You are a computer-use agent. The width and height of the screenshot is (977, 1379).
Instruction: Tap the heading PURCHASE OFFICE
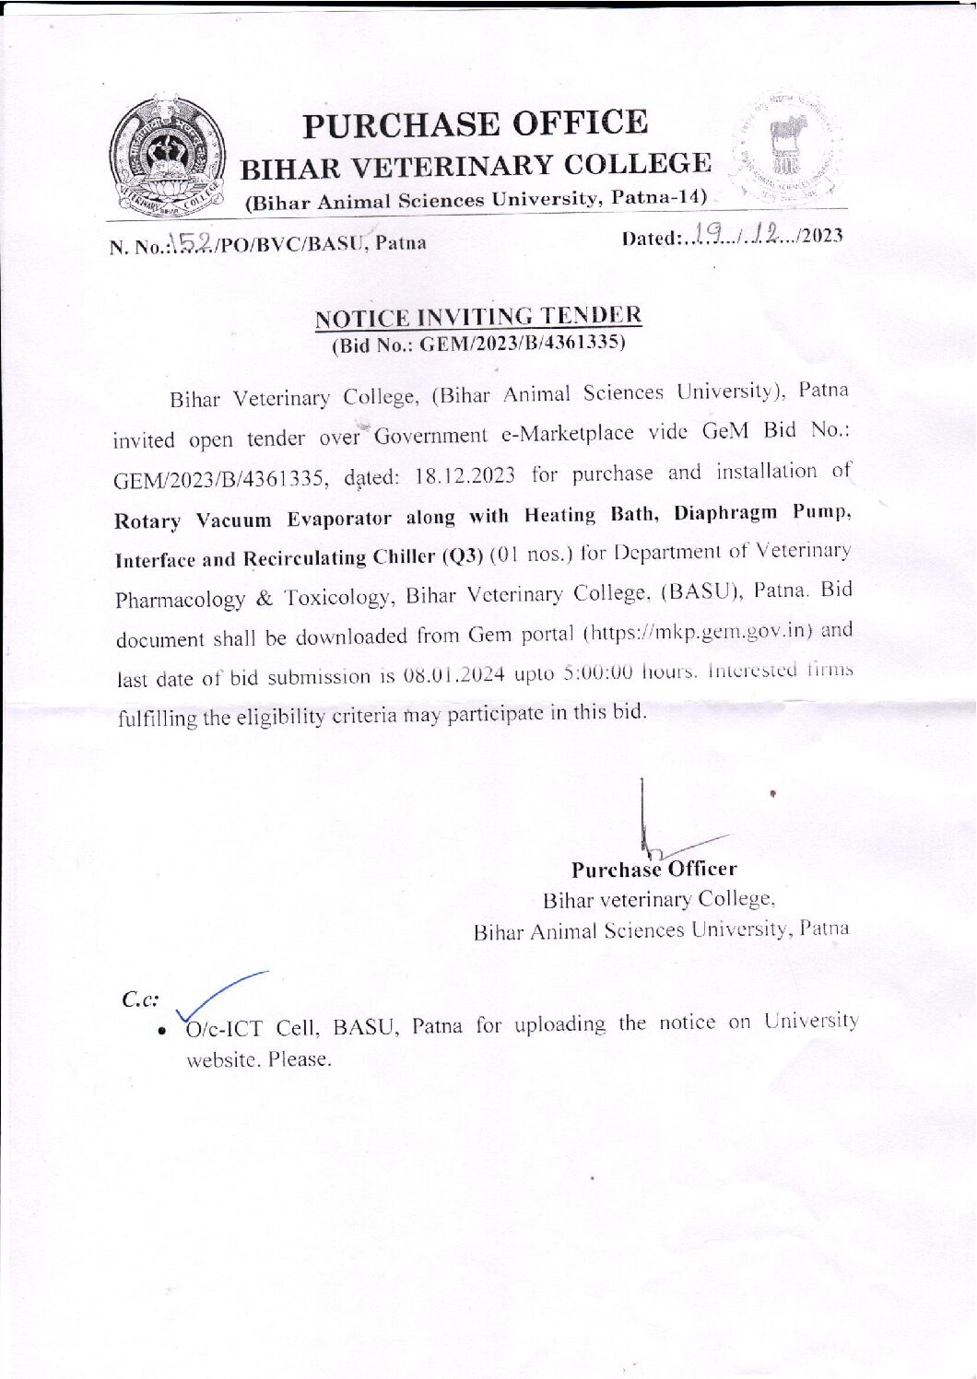click(476, 123)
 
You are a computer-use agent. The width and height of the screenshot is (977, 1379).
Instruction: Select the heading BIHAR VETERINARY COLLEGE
click(476, 167)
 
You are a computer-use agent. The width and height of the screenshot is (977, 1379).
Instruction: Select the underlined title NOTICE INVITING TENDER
click(477, 317)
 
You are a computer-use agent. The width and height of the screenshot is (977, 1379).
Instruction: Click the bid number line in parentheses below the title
click(477, 345)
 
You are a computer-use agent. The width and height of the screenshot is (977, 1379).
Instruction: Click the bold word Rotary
click(147, 521)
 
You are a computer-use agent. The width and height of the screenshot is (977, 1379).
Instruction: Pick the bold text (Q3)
click(463, 556)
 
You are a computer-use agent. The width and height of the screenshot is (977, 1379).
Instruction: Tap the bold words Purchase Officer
click(653, 870)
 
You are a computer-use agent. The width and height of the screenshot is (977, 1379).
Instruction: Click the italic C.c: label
click(140, 999)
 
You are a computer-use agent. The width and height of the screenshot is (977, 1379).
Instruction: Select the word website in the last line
click(222, 1060)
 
